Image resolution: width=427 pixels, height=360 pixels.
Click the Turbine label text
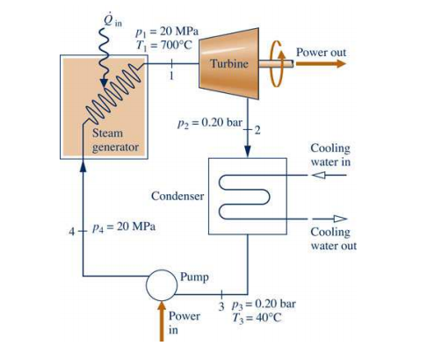coord(229,63)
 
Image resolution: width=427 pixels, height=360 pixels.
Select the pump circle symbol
coord(162,285)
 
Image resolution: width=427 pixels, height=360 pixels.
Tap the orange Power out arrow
coord(321,63)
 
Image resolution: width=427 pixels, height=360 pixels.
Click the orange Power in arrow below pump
coord(162,321)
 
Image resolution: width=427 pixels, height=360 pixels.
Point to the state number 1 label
coord(171,76)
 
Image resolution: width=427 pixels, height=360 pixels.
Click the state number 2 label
coord(257,130)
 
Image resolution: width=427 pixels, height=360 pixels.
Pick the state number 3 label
coord(221,306)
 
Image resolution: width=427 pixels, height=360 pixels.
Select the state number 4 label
coord(72,232)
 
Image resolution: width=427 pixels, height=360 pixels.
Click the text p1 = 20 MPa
coord(167,32)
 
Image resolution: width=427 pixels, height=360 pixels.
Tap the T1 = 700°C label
coord(164,45)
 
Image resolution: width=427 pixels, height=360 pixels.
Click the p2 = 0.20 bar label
coord(210,123)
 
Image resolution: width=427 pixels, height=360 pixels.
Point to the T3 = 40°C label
coord(257,318)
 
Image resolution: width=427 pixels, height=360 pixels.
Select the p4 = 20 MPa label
coord(124,227)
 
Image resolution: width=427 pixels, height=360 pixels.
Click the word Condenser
coord(177,196)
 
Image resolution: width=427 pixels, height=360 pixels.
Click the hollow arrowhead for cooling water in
coord(318,175)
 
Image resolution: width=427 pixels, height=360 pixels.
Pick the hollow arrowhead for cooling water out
coord(340,219)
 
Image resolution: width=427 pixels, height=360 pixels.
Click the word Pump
coord(194,277)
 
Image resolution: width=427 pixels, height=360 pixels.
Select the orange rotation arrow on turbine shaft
coord(277,64)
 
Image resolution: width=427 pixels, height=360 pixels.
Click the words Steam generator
coord(115,140)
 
